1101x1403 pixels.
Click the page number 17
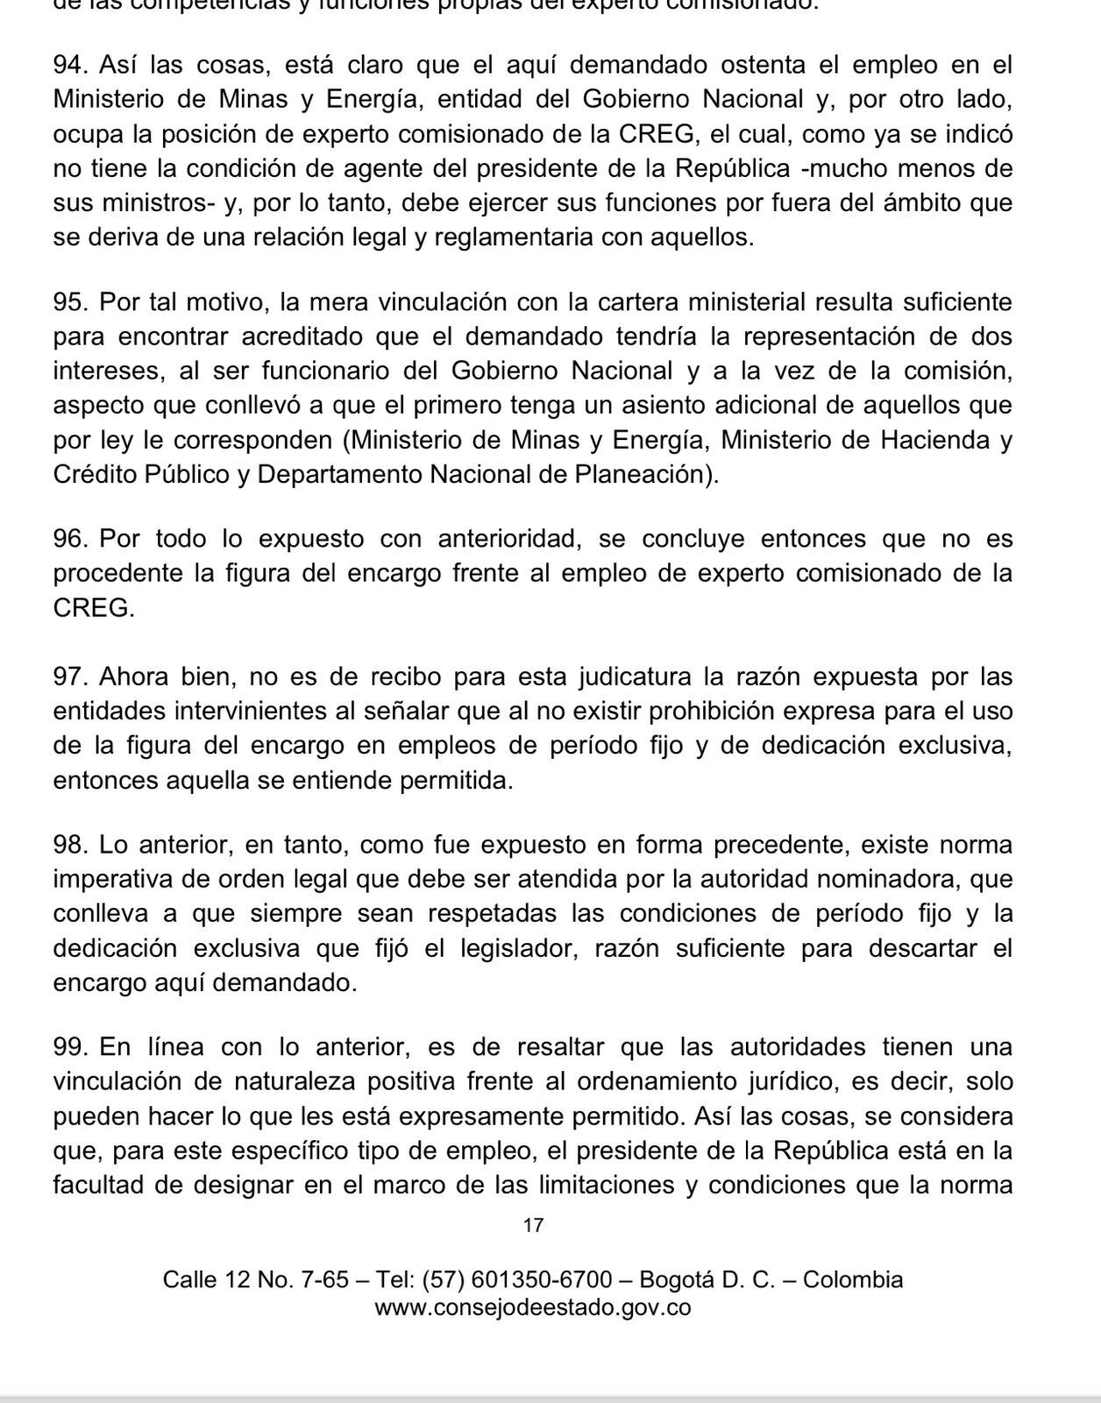tap(533, 1225)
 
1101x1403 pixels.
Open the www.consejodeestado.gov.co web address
tap(533, 1307)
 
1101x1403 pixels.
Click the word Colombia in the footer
tap(853, 1279)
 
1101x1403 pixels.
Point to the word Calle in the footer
tap(190, 1279)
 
